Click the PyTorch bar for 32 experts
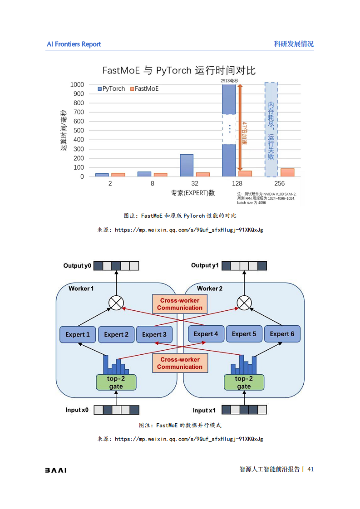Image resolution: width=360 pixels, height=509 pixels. [x=187, y=165]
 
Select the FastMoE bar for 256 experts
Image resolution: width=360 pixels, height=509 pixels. [x=287, y=172]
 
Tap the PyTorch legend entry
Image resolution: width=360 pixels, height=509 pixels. [x=112, y=89]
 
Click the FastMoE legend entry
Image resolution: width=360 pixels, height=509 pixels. [x=144, y=89]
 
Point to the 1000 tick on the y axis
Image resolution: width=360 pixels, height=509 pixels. [x=77, y=85]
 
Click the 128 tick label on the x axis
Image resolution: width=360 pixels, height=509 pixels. [x=237, y=184]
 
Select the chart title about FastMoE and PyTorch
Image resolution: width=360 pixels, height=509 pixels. [x=179, y=70]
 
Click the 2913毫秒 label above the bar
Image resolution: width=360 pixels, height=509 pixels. [x=229, y=81]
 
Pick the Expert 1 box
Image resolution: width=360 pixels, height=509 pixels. [x=78, y=335]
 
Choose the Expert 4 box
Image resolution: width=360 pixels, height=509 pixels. [x=206, y=334]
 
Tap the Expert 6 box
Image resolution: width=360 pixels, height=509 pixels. [x=282, y=334]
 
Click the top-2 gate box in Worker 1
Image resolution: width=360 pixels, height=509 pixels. [x=116, y=382]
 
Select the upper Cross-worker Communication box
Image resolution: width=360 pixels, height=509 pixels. [x=180, y=304]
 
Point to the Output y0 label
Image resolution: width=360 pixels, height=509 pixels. [x=77, y=266]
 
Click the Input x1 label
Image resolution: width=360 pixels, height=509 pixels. [x=204, y=411]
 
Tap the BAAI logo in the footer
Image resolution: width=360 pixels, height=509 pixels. [x=56, y=470]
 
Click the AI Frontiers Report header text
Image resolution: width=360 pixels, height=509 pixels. [x=74, y=44]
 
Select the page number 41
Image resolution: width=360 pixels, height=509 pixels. [x=311, y=470]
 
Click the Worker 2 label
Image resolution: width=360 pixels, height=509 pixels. [x=210, y=289]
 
